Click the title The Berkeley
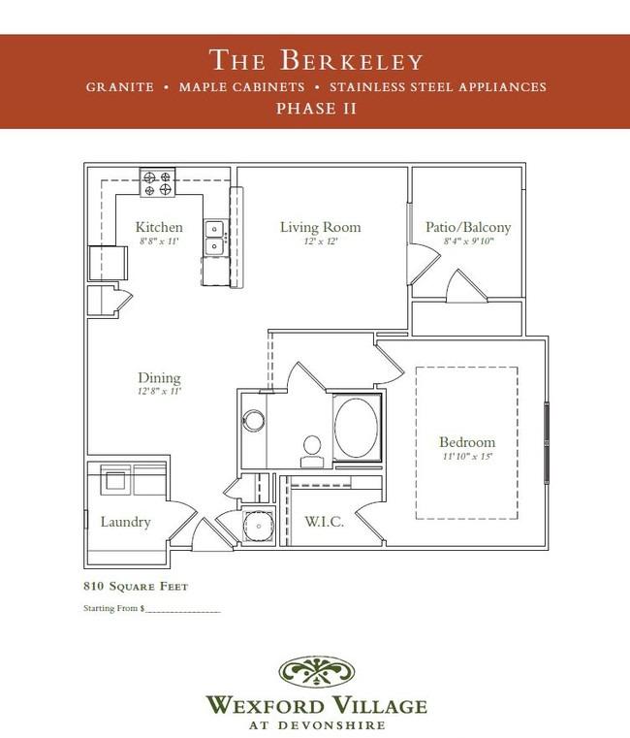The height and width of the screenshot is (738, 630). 316,60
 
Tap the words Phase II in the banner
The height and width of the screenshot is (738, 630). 316,109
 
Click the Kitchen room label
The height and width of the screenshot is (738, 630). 159,227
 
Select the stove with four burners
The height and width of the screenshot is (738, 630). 157,182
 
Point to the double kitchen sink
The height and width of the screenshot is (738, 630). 215,238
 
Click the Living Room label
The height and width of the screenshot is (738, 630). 321,227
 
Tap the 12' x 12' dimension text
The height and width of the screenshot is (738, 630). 321,241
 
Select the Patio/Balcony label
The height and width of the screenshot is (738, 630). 468,227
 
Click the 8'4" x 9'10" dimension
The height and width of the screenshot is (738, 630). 468,241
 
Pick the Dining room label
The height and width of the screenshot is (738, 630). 159,377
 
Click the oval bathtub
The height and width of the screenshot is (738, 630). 356,428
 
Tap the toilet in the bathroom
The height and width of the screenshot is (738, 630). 312,451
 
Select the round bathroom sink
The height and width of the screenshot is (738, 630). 254,420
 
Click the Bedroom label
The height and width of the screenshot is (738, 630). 467,442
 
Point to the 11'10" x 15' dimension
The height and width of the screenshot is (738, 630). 467,456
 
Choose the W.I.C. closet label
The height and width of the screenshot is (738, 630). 324,522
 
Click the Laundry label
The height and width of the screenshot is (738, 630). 126,522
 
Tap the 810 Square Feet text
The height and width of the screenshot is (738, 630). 136,587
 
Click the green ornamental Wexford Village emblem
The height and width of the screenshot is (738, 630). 316,672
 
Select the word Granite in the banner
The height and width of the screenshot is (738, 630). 120,87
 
